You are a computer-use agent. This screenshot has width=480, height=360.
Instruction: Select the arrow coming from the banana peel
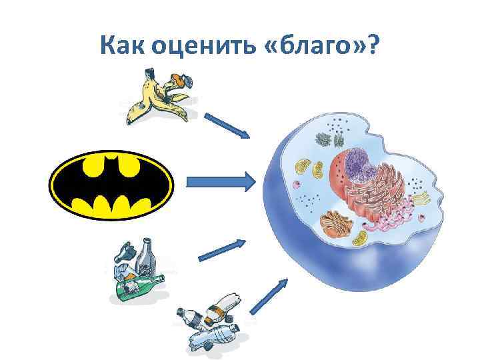click(x=227, y=125)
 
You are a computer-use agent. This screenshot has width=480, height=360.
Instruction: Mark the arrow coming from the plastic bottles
click(x=270, y=297)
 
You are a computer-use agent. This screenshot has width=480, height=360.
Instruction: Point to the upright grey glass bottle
click(x=148, y=257)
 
